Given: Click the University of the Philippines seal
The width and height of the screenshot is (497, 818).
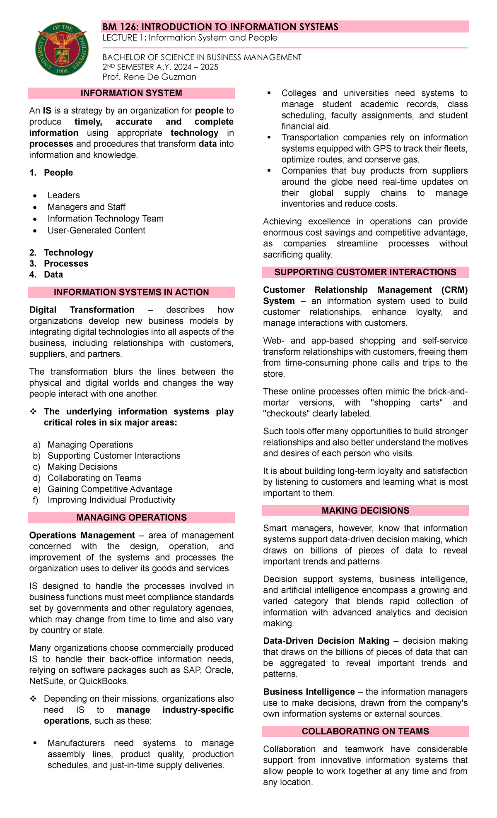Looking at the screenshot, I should point(61,50).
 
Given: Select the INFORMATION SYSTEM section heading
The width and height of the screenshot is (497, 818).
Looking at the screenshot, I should point(131,93).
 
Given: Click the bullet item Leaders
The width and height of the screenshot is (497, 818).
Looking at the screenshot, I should point(63,195).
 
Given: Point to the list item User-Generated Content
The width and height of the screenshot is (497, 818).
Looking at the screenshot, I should point(96,231).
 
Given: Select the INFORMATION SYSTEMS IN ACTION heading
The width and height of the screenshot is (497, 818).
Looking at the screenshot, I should point(131,293).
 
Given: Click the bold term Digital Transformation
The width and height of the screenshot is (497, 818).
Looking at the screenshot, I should point(82,310).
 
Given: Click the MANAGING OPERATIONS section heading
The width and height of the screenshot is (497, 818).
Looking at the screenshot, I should point(131,518).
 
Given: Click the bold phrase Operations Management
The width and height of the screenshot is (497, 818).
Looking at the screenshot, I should point(82,536).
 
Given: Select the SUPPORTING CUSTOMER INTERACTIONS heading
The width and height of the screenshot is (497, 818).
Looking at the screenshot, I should point(365,272).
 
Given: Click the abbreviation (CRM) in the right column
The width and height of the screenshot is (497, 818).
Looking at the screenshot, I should point(454,290).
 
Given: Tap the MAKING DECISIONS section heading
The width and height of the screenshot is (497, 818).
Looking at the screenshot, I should point(365,511).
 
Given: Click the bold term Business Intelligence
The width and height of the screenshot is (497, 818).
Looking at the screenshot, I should point(309,692).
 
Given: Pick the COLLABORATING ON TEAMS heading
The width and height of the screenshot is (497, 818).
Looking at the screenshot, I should point(365,731).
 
